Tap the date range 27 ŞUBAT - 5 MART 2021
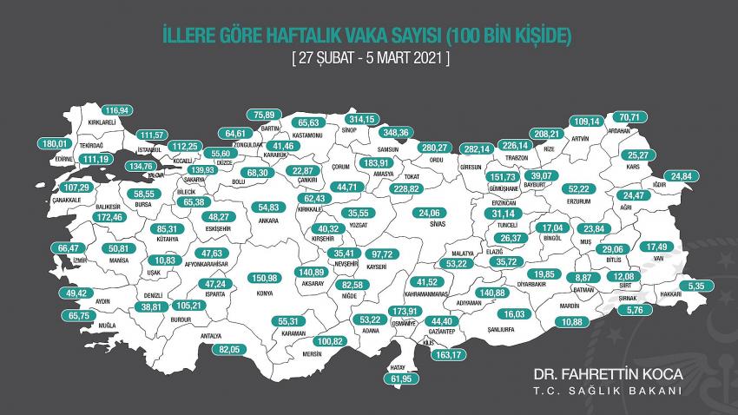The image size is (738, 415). [x=368, y=58]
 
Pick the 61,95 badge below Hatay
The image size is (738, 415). [x=400, y=379]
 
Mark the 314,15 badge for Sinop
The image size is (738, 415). [x=365, y=119]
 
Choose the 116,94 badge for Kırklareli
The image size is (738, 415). [x=122, y=111]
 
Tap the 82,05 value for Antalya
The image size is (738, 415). [x=229, y=348]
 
